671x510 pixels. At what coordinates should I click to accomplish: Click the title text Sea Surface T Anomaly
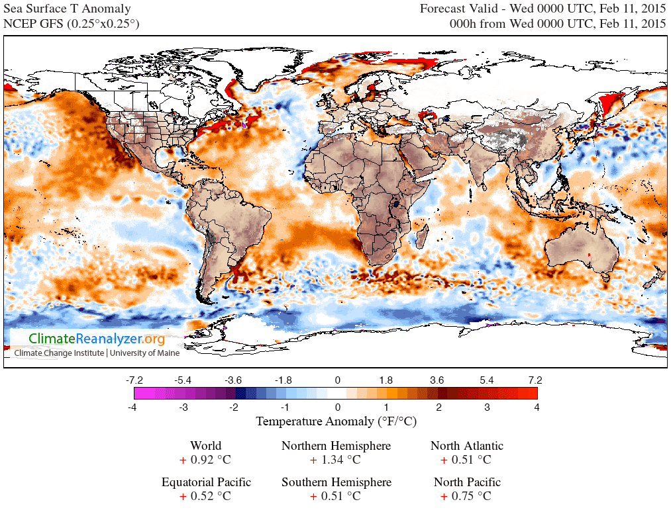click(x=68, y=9)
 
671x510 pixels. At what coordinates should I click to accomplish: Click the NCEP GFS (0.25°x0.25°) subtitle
click(x=72, y=24)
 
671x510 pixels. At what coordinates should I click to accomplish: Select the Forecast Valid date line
click(x=542, y=9)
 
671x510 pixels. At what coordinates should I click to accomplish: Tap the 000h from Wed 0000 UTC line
click(x=557, y=24)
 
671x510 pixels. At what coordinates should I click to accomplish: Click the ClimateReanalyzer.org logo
click(x=97, y=339)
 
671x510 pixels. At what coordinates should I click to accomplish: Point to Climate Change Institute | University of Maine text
click(x=97, y=353)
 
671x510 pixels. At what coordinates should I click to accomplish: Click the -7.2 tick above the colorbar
click(x=135, y=380)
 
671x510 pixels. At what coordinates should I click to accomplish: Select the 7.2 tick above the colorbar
click(x=535, y=380)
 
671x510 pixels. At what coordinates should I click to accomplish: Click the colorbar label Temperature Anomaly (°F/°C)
click(x=336, y=421)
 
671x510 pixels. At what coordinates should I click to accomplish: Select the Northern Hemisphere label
click(x=336, y=446)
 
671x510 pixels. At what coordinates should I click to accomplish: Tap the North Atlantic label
click(x=466, y=446)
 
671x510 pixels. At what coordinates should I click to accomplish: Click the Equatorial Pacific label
click(x=206, y=482)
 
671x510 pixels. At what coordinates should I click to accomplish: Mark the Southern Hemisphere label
click(x=336, y=482)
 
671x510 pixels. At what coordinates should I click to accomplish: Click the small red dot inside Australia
click(x=589, y=255)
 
